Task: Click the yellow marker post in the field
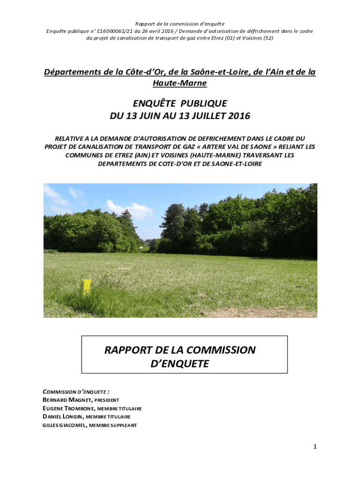(86, 287)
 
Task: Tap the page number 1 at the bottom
(315, 447)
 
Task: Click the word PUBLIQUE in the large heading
(203, 103)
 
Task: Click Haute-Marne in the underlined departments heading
(180, 83)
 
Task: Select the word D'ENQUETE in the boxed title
(180, 363)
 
